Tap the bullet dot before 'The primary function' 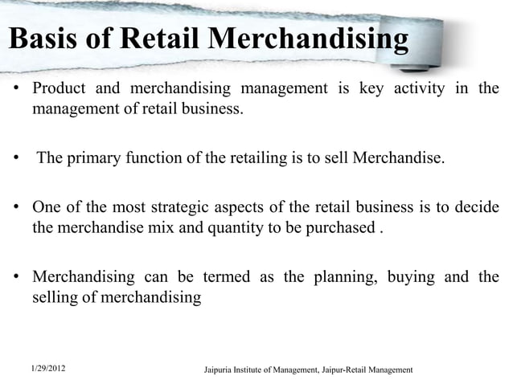(x=16, y=157)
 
